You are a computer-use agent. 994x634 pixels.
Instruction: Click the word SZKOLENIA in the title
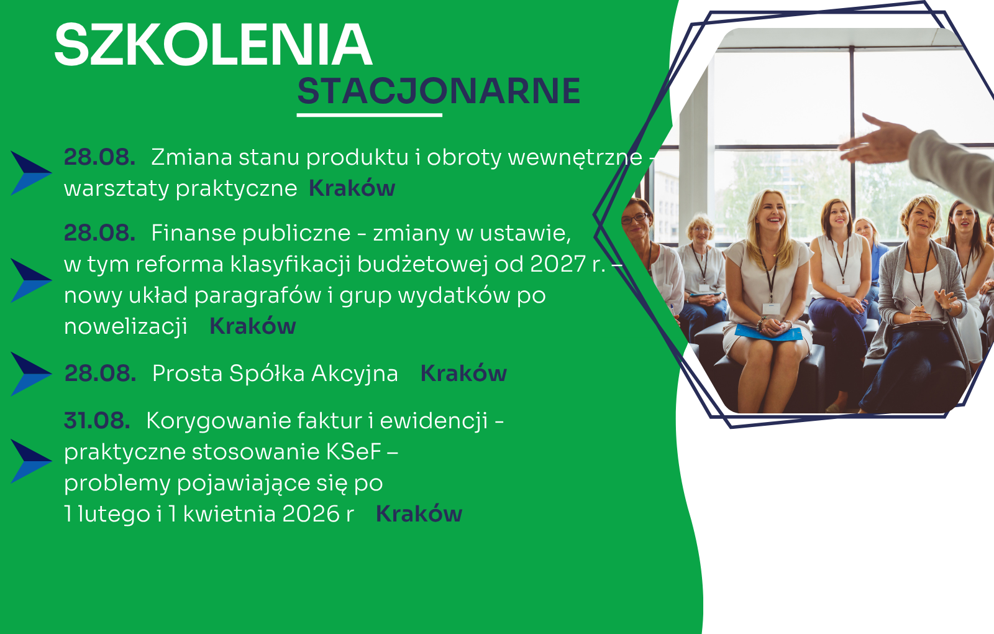(213, 45)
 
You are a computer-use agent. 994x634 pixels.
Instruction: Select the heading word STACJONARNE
(439, 91)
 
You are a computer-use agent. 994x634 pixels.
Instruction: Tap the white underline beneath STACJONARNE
(370, 115)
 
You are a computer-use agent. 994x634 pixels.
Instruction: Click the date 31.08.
(97, 420)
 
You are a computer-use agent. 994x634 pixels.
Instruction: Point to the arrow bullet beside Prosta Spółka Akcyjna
(31, 374)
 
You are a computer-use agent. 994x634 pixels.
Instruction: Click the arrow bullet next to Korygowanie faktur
(31, 461)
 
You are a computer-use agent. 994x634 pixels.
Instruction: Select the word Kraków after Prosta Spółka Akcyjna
(463, 374)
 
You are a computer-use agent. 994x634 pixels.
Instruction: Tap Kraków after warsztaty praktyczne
(352, 188)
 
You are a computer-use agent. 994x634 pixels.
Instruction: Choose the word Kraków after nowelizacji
(252, 326)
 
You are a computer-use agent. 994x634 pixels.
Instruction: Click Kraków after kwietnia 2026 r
(419, 514)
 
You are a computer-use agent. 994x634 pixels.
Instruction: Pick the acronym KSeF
(354, 452)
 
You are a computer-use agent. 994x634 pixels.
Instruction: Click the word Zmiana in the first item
(192, 158)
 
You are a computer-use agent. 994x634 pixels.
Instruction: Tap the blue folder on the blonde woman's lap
(768, 332)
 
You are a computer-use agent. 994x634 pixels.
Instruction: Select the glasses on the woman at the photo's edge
(634, 218)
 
